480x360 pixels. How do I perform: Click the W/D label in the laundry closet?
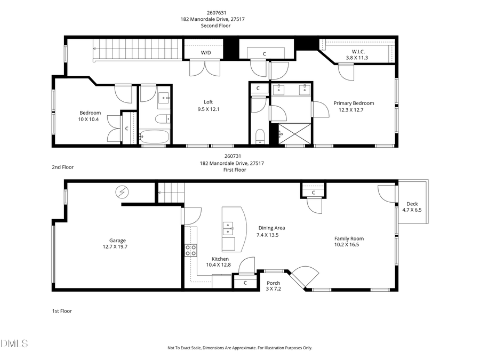tap(206, 53)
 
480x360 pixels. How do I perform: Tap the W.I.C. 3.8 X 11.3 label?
tap(357, 54)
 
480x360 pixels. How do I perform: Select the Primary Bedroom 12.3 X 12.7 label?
tap(354, 107)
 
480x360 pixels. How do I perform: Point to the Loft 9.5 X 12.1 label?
tap(208, 106)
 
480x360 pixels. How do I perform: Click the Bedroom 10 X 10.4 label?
tap(90, 116)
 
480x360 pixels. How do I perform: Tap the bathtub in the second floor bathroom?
tap(154, 137)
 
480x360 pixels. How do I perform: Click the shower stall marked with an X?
tap(291, 133)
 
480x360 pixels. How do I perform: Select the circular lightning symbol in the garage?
tap(123, 191)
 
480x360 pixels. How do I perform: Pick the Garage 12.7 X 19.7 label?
tap(117, 244)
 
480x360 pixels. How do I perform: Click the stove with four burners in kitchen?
tap(190, 250)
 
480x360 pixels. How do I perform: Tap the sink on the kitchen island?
tap(228, 228)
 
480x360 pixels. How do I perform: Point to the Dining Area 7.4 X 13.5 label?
tap(271, 231)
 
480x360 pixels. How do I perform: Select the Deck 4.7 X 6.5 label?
tap(412, 207)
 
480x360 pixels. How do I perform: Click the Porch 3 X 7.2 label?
tap(273, 286)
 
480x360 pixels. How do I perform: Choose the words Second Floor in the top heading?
tap(212, 26)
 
